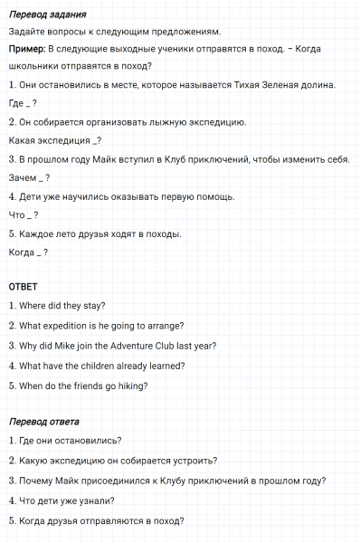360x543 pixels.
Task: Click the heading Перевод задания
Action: coord(47,15)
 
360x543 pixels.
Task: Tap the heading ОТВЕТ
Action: coord(23,287)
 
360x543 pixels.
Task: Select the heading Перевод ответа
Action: coord(43,422)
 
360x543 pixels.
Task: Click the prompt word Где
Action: coord(17,103)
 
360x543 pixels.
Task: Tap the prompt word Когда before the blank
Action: coord(22,252)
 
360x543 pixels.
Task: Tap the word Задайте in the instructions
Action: coord(26,32)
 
